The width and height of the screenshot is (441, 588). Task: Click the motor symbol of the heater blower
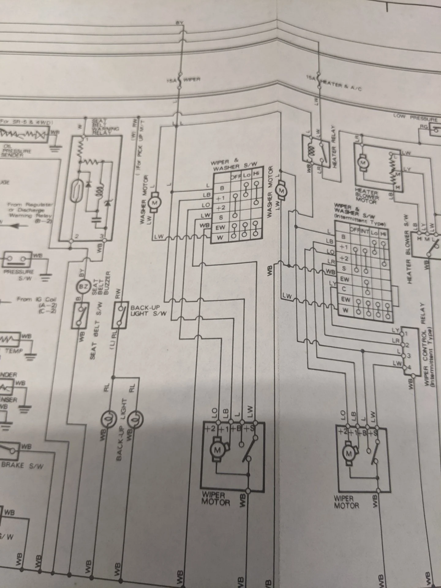tap(363, 162)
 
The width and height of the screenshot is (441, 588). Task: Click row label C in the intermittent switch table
tap(344, 289)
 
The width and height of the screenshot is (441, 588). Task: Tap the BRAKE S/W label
tap(22, 465)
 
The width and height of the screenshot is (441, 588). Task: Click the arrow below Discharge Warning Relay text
tap(18, 226)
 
